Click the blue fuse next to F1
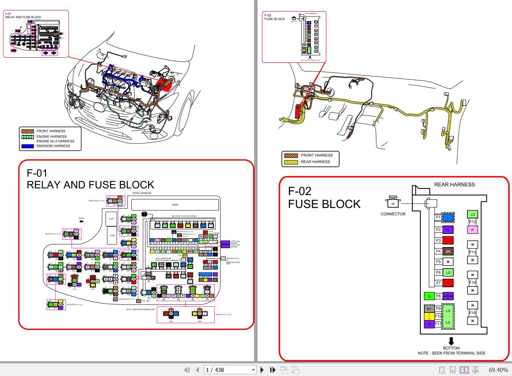coord(448,218)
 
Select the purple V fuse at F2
coord(448,230)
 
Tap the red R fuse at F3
coord(448,240)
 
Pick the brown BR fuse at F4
coord(448,252)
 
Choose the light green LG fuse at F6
coord(448,272)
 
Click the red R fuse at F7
coord(448,283)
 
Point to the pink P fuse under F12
coord(472,230)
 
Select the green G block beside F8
coord(429,296)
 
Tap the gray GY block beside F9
coord(429,309)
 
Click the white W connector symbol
coord(393,203)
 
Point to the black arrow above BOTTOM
coord(451,341)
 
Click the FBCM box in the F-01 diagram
coord(175,205)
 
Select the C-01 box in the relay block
coord(112,219)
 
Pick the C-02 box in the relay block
coord(112,235)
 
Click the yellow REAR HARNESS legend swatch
coord(291,162)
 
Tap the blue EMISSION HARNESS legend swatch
coord(28,146)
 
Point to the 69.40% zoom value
coord(498,370)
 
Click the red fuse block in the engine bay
coord(164,85)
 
